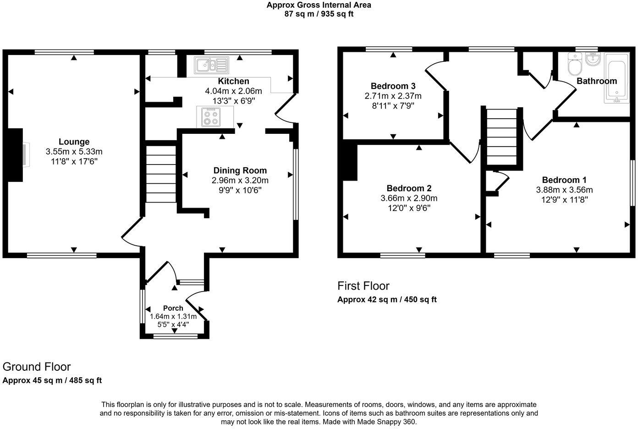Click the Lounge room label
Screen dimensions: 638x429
coord(74,142)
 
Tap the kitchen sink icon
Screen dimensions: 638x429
coord(211,65)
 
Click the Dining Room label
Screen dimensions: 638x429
coord(240,170)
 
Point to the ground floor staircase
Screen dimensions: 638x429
coord(161,174)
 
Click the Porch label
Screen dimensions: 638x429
coord(173,308)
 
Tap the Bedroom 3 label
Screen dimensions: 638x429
coord(393,86)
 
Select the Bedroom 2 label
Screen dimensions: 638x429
coord(409,188)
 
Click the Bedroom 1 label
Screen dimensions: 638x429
coord(564,180)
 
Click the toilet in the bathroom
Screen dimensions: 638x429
coord(574,64)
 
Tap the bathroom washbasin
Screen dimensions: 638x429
coord(593,58)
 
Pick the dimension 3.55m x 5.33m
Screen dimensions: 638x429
coord(74,152)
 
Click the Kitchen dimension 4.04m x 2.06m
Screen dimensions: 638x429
coord(233,91)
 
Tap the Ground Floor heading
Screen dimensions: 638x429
coord(37,367)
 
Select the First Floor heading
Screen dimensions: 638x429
coord(363,286)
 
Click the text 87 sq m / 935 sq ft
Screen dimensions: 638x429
coord(319,14)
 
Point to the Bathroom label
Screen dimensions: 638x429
coord(596,81)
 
